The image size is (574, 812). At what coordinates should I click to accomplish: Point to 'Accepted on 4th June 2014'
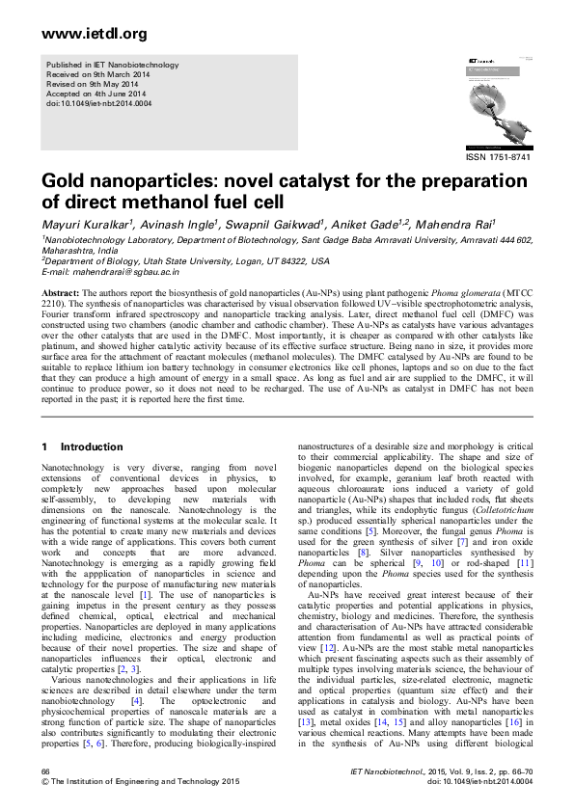click(x=102, y=93)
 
